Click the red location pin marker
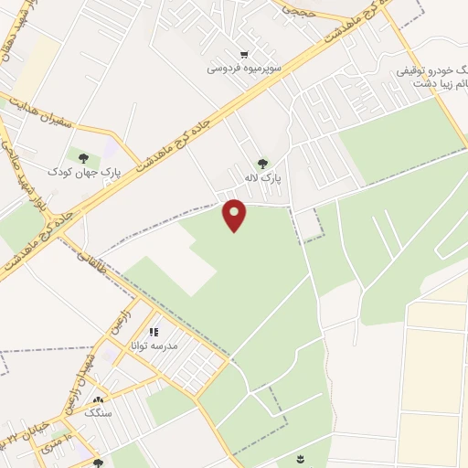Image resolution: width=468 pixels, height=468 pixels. tap(235, 215)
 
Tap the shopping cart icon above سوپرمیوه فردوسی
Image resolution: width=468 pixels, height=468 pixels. tap(243, 55)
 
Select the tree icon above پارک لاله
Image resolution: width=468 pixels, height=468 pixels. tap(263, 165)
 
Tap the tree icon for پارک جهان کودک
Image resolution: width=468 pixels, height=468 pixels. tap(96, 157)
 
